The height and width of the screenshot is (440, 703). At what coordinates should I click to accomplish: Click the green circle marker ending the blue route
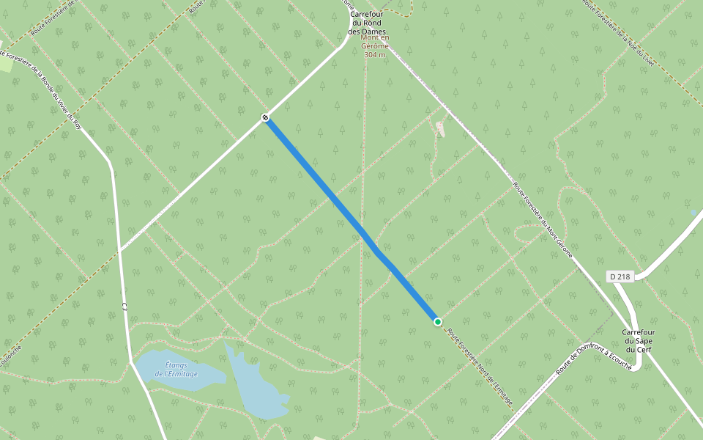437,322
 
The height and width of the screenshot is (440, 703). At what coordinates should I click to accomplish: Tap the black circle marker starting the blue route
265,117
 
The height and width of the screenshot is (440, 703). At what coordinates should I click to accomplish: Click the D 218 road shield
620,276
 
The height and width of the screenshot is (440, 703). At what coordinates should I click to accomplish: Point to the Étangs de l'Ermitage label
176,369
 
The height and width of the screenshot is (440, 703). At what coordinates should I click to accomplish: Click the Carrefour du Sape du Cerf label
639,340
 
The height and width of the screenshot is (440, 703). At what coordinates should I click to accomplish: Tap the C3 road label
124,306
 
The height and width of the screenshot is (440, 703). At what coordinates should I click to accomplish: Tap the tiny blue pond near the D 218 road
693,213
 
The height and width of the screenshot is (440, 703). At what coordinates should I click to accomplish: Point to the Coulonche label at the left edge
10,355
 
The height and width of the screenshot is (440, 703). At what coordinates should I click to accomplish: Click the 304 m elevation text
375,55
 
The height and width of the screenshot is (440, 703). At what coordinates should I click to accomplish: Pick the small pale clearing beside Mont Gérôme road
440,128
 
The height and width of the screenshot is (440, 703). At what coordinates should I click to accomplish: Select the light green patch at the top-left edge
6,64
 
